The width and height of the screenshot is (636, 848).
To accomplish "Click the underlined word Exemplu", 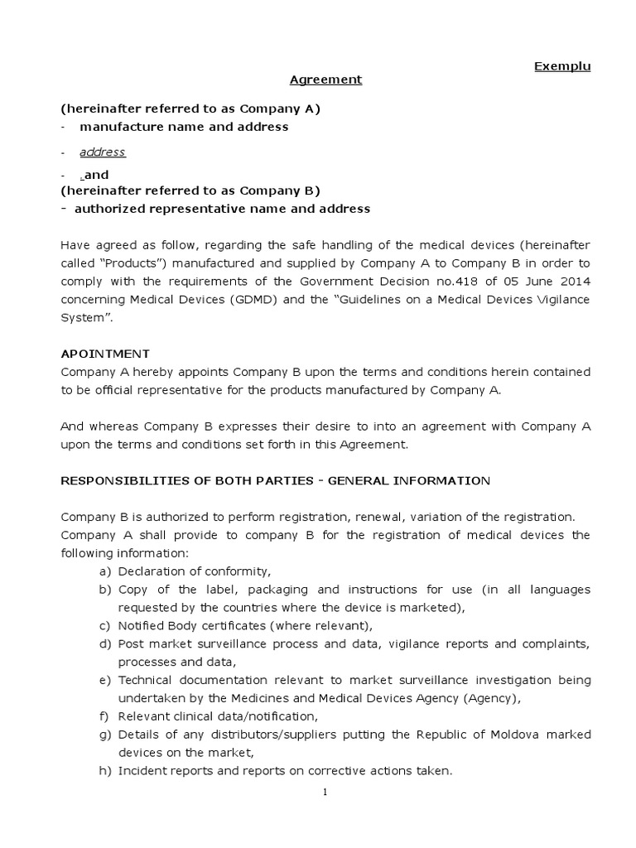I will [562, 66].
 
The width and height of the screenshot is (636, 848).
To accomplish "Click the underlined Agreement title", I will [325, 79].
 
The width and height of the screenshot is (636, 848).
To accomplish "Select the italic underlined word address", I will [103, 152].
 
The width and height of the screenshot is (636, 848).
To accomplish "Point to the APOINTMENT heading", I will [105, 353].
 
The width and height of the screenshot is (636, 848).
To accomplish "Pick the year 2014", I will [576, 282].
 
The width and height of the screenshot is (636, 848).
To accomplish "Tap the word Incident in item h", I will [142, 770].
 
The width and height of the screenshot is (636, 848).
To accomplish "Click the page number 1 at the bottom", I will [325, 792].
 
